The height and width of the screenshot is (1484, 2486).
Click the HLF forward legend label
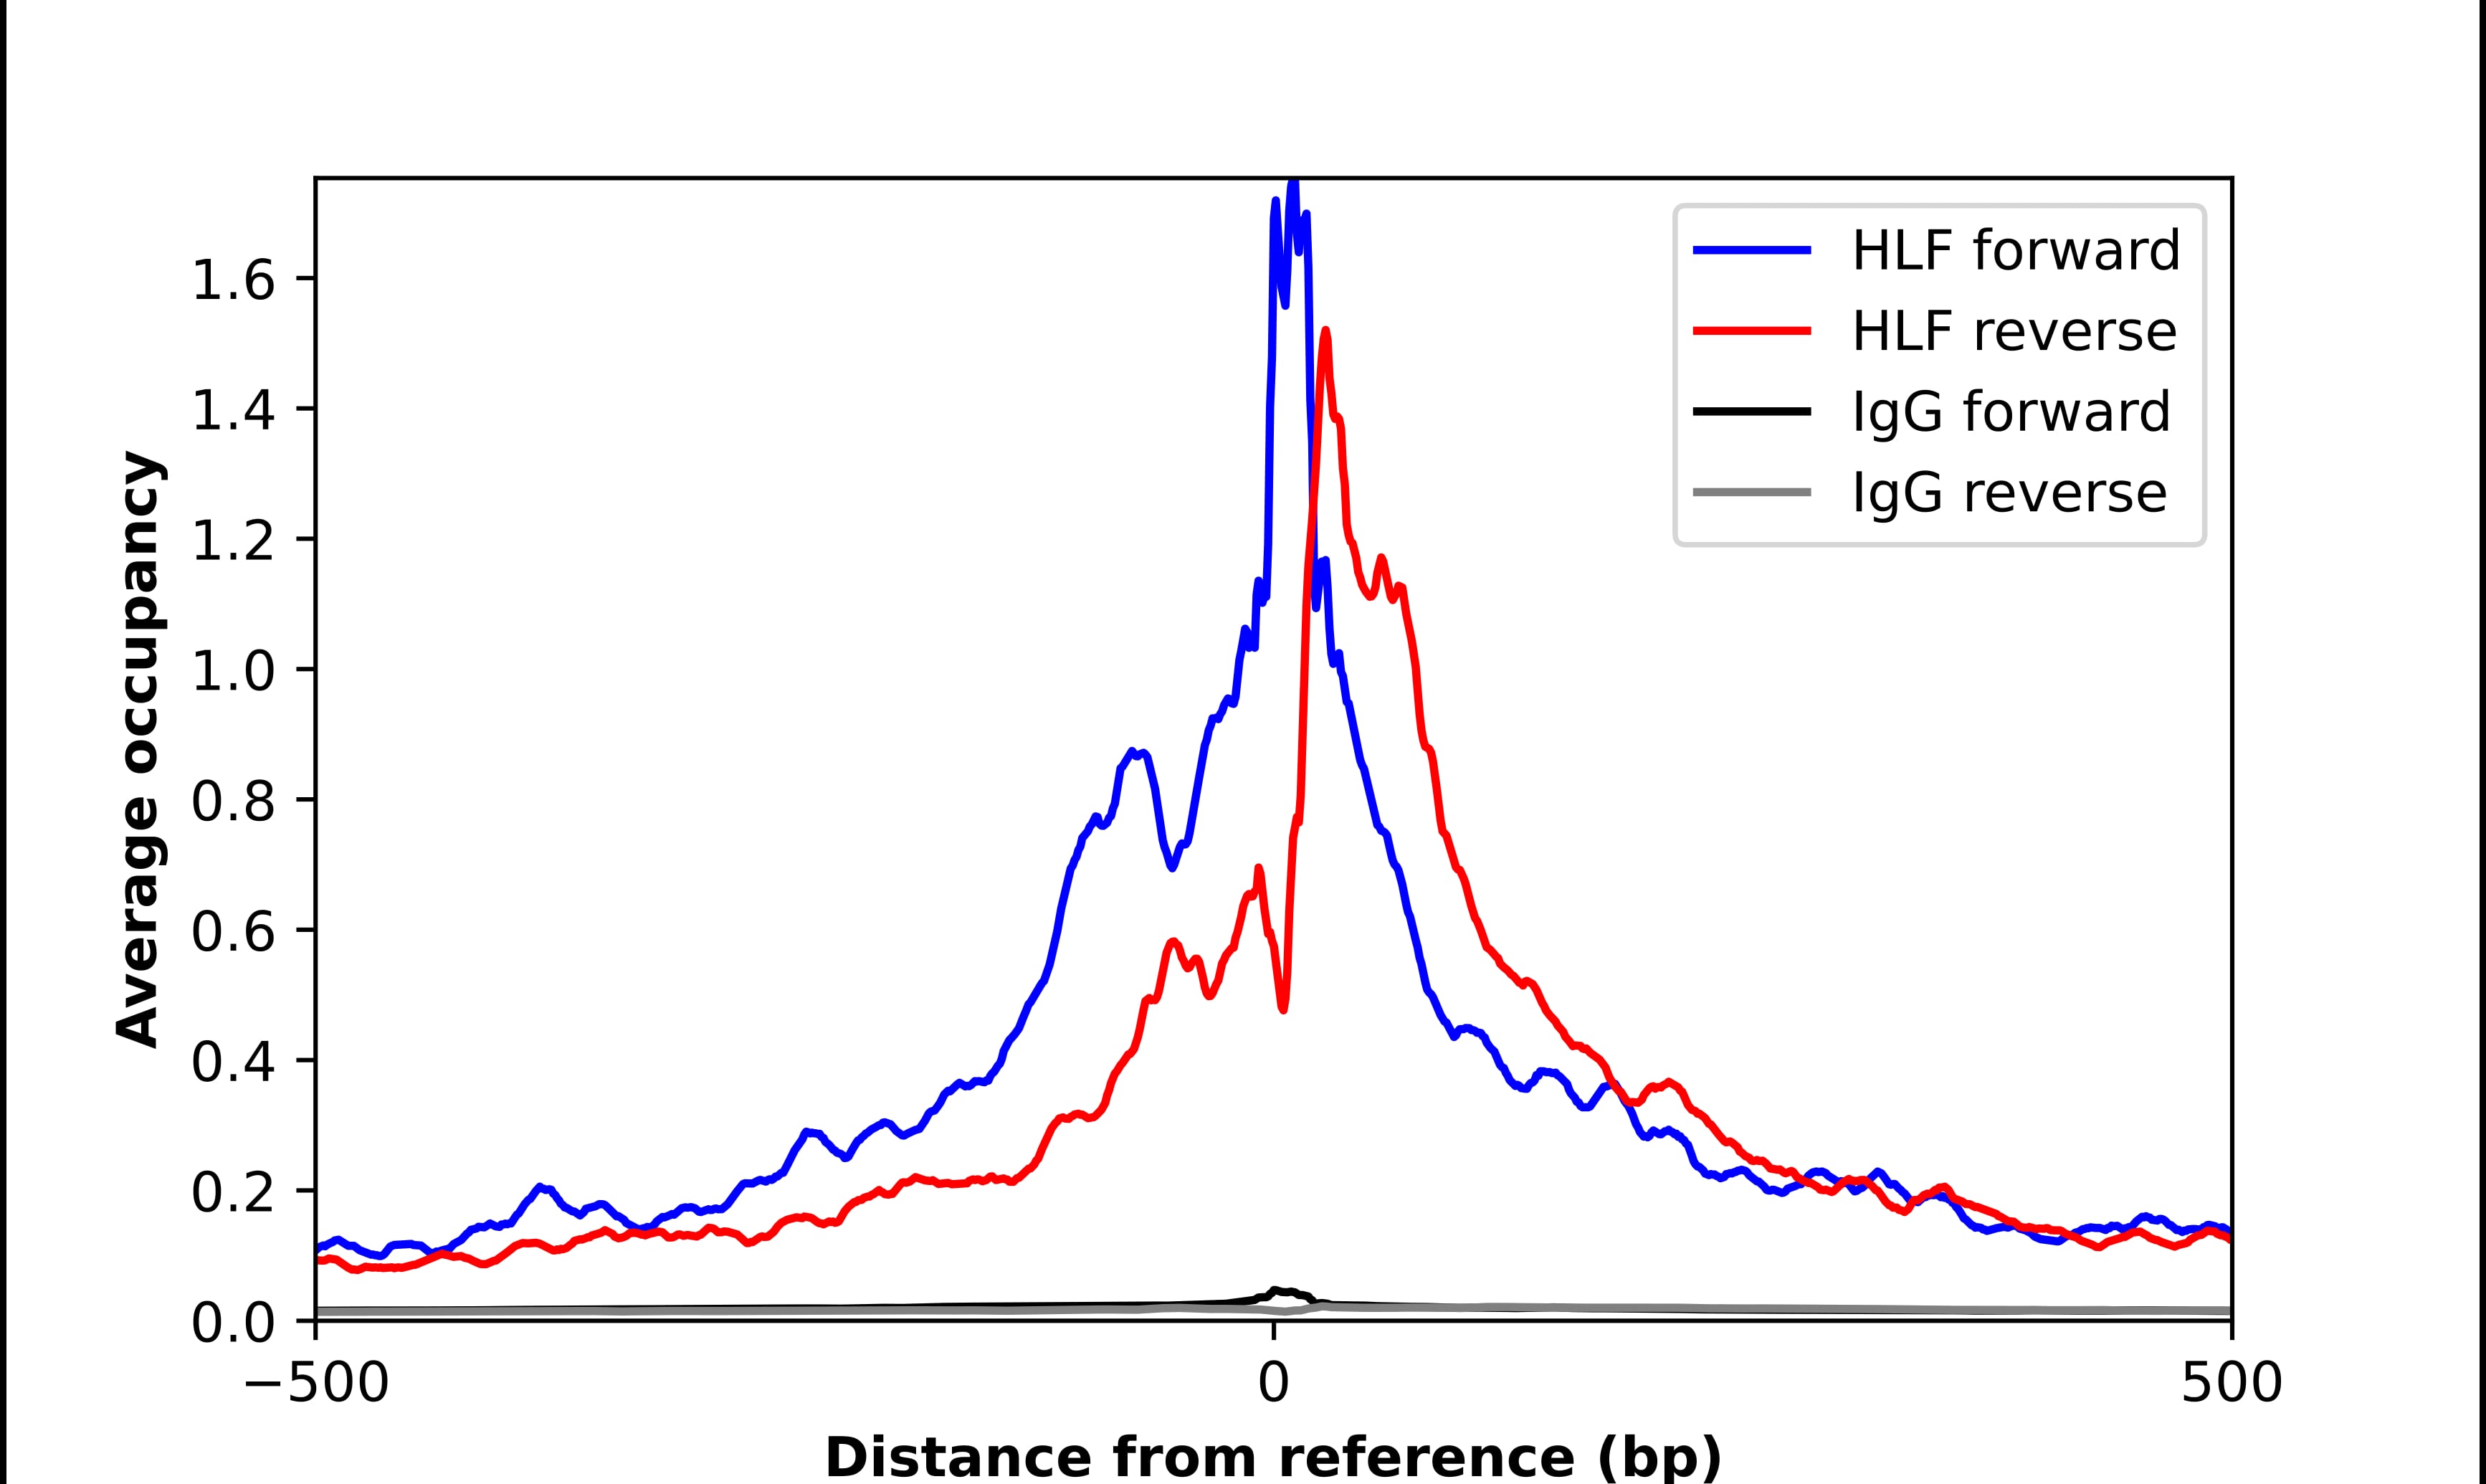[2015, 250]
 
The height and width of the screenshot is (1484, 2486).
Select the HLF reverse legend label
[2013, 331]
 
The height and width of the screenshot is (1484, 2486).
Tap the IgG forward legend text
[2010, 412]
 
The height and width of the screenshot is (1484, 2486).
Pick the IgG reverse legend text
[2008, 493]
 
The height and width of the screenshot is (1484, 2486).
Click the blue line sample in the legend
[1751, 250]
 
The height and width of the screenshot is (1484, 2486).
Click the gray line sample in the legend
[1751, 492]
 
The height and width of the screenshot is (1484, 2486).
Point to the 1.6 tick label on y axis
[232, 281]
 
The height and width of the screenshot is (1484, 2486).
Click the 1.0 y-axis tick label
[232, 672]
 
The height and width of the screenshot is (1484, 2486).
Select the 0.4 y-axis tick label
[232, 1062]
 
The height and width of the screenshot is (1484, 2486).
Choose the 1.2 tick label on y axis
[232, 541]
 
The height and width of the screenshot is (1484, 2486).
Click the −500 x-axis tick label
[316, 1385]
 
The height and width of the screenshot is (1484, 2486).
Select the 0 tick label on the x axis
[1272, 1385]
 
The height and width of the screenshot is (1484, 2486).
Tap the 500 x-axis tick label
[2231, 1385]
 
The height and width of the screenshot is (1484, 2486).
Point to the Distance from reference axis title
[1272, 1457]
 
